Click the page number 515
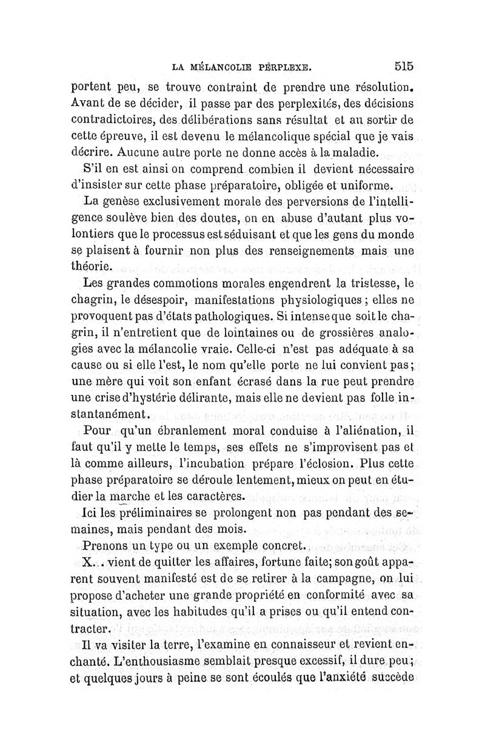[403, 66]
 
